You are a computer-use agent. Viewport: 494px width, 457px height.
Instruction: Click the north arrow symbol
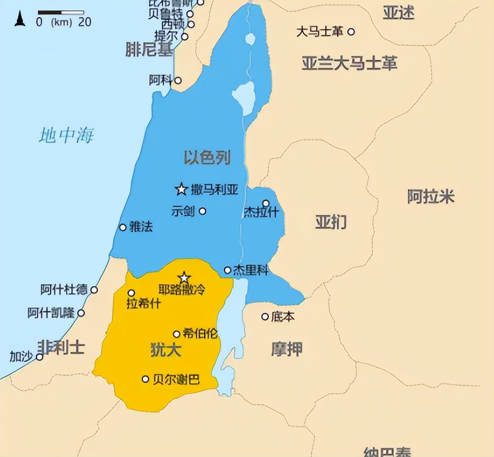tap(20, 19)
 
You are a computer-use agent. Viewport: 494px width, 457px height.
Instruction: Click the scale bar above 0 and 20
tap(61, 12)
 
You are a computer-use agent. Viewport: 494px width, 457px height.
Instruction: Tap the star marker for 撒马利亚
tap(181, 189)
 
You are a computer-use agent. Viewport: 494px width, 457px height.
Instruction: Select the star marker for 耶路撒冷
tap(184, 277)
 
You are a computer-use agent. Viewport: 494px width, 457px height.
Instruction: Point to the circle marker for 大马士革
tap(351, 32)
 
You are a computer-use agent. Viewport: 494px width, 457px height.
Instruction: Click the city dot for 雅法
tap(123, 227)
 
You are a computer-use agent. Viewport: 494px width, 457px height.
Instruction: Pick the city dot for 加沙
tap(40, 357)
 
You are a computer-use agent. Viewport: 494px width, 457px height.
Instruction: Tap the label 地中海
tap(66, 135)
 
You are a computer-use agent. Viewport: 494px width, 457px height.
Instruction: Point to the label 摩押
tap(287, 349)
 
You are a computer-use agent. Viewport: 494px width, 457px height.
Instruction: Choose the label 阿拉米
tap(430, 196)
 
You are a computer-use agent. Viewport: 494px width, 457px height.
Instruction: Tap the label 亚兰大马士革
tap(349, 63)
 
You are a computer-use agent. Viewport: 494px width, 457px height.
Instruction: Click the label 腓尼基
tap(148, 49)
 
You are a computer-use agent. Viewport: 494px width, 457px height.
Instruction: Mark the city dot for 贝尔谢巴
tap(145, 379)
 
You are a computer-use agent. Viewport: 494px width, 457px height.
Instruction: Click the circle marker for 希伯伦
tap(177, 334)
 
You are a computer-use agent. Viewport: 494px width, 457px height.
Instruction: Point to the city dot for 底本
tap(265, 316)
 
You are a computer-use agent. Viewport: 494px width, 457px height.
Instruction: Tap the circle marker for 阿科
tap(178, 80)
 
